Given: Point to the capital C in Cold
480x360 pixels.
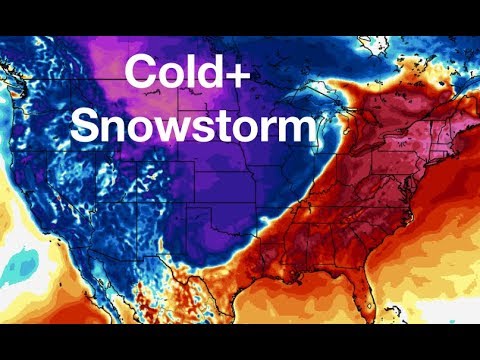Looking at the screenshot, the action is point(139,73).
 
